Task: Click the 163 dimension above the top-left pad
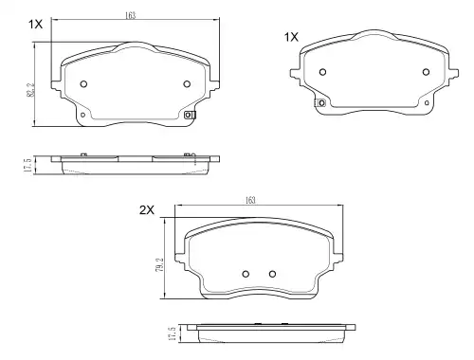[x=130, y=15]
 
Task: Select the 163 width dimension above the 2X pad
[x=250, y=200]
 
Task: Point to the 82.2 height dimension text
[x=30, y=90]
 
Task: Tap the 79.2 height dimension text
[x=160, y=265]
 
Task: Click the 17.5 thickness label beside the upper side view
[x=27, y=165]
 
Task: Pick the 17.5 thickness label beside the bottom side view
[x=173, y=333]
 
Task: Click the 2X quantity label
[x=147, y=210]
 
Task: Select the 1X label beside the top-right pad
[x=291, y=37]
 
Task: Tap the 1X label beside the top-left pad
[x=35, y=25]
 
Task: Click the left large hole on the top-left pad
[x=83, y=84]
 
